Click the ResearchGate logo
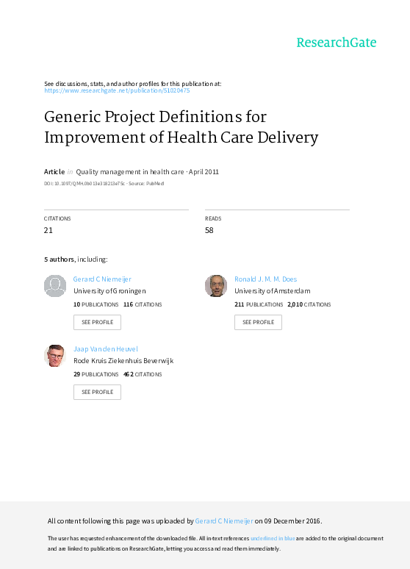pos(337,43)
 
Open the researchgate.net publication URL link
pos(117,90)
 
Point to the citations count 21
pos(48,230)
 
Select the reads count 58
pos(209,230)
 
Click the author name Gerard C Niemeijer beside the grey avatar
pos(102,279)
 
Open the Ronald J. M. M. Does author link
pos(265,279)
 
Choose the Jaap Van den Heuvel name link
pos(106,349)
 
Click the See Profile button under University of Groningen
pos(97,322)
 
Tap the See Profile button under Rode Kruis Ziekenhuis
pos(97,393)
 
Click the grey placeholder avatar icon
pos(55,286)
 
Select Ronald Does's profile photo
pos(216,286)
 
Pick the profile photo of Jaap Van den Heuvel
pos(55,356)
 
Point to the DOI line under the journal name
pos(104,184)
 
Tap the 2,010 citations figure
pos(295,304)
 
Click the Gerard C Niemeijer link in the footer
pos(224,521)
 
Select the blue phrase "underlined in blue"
pos(273,538)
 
